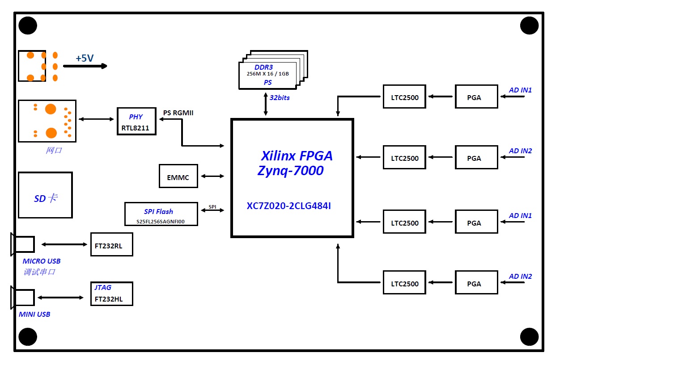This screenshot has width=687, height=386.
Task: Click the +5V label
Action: click(85, 58)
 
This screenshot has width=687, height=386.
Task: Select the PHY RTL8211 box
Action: click(136, 121)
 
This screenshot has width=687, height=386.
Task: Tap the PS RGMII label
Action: click(178, 113)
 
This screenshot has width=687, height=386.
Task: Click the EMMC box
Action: click(178, 176)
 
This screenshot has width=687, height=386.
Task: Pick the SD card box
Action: click(45, 195)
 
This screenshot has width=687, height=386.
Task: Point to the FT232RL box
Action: click(111, 244)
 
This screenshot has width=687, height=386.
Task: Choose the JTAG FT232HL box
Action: click(111, 294)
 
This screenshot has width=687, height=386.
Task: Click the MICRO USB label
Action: click(42, 261)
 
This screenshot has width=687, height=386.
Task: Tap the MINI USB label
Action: click(34, 315)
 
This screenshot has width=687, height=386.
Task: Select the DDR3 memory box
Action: click(268, 75)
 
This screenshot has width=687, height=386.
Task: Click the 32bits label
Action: click(280, 98)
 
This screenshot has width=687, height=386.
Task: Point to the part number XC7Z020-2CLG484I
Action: click(288, 206)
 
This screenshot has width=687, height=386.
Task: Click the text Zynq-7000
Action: click(290, 171)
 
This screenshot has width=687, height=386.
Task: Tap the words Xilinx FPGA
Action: click(297, 156)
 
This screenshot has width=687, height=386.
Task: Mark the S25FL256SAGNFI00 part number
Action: click(161, 222)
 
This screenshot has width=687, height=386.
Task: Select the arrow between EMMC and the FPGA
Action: click(212, 176)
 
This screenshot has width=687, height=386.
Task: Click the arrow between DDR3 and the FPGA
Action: click(266, 104)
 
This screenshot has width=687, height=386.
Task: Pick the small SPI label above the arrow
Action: click(212, 207)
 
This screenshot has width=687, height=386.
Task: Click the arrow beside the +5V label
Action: click(85, 66)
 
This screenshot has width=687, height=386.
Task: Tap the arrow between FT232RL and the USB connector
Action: click(64, 244)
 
